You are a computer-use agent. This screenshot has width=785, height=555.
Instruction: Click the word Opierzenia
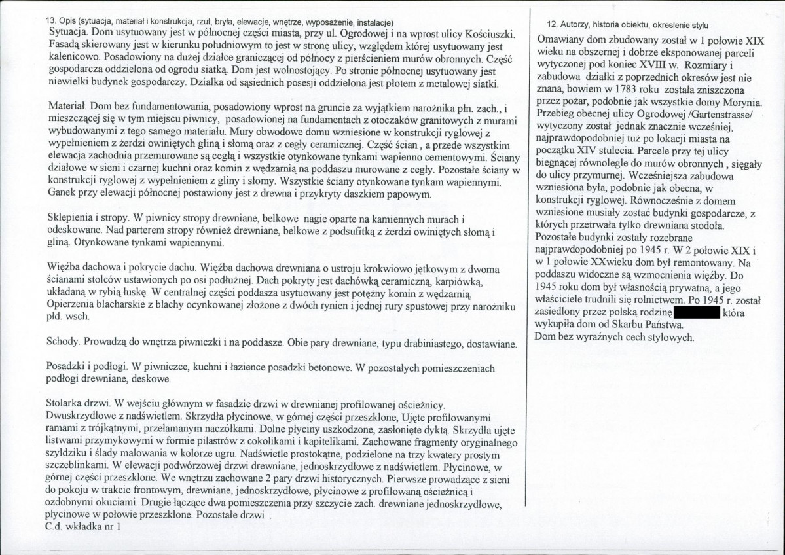tap(75, 305)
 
